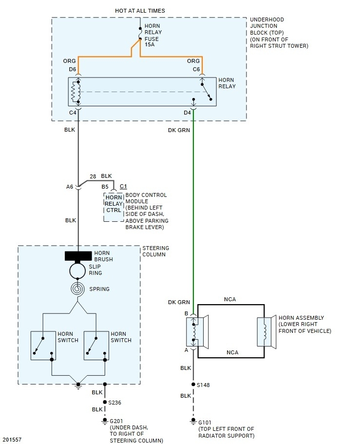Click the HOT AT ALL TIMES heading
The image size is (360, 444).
tap(140, 11)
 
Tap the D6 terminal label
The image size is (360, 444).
tap(73, 69)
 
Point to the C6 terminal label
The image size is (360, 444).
tap(196, 69)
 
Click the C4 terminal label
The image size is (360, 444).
tap(73, 113)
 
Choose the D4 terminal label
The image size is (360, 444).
tap(188, 113)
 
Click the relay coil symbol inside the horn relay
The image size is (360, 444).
tap(75, 92)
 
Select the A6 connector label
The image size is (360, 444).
tap(70, 186)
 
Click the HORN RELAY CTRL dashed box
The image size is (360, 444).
tap(114, 207)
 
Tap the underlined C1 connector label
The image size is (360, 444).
tap(123, 186)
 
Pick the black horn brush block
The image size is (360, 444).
tap(78, 256)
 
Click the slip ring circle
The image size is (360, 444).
tap(78, 270)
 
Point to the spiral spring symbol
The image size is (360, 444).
tap(78, 289)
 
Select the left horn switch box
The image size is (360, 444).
tap(44, 346)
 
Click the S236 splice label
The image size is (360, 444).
tap(114, 402)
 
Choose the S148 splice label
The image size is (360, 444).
tap(203, 385)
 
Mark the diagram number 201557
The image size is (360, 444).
tap(12, 440)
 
